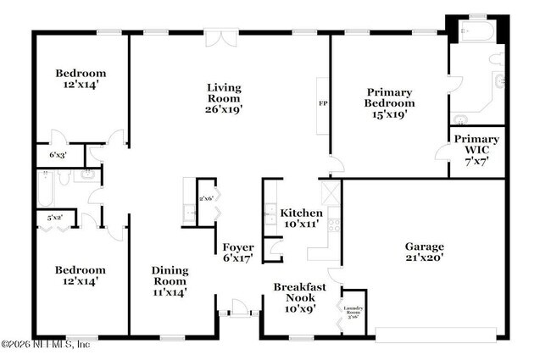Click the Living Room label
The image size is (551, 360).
[225, 87]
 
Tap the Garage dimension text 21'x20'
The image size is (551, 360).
[425, 258]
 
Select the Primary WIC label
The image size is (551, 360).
[476, 138]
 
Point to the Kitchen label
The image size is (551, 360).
[302, 213]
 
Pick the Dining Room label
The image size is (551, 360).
[170, 270]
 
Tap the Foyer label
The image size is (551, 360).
[238, 247]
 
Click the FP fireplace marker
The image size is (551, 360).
[322, 103]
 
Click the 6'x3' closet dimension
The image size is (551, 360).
[58, 156]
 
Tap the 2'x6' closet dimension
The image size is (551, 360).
[205, 198]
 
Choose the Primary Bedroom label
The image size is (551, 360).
[389, 92]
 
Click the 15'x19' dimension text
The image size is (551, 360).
[389, 114]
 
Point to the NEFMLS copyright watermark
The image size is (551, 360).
[47, 344]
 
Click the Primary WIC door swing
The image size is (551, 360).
[442, 152]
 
